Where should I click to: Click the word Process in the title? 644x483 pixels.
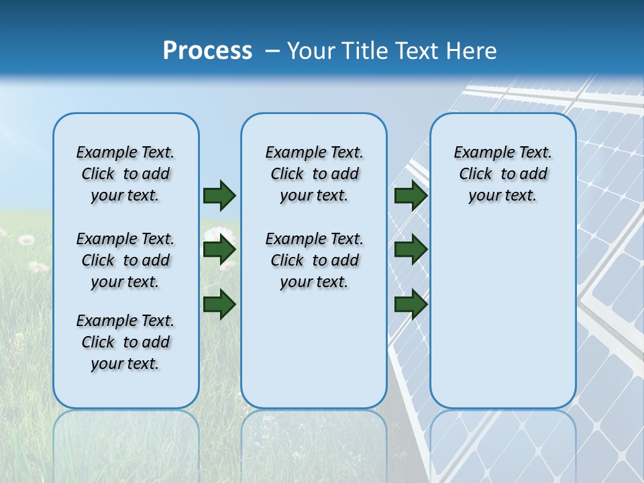[207, 51]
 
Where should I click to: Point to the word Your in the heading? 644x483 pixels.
[311, 51]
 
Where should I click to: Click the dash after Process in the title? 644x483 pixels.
[272, 52]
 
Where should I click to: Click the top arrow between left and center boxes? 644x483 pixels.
[219, 195]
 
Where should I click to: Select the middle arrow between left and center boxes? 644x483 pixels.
[219, 250]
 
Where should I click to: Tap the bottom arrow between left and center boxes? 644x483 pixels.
[219, 303]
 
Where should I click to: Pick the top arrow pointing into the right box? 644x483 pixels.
[411, 195]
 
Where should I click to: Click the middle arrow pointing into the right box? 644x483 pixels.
[411, 250]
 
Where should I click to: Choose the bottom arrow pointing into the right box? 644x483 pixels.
[411, 304]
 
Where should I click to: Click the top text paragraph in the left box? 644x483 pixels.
[125, 174]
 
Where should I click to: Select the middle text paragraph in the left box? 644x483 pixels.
[125, 260]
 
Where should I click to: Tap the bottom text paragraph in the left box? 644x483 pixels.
[125, 342]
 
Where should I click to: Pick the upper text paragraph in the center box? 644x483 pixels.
[314, 174]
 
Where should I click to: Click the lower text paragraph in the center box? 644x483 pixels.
[314, 260]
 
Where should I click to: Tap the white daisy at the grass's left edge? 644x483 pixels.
[26, 239]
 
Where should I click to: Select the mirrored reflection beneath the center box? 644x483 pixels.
[314, 443]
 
